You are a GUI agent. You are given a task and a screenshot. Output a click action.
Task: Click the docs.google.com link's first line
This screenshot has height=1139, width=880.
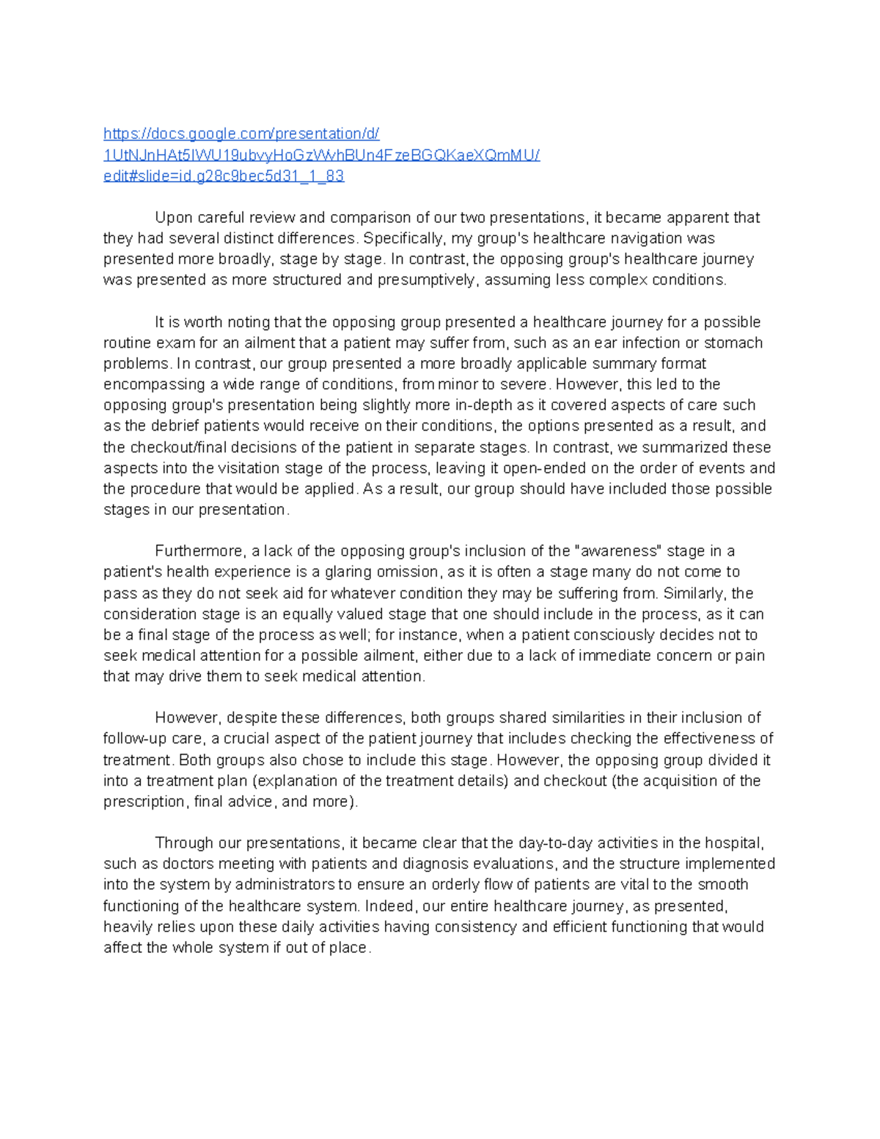(x=241, y=133)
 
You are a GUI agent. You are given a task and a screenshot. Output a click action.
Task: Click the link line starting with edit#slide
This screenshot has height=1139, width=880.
(x=224, y=176)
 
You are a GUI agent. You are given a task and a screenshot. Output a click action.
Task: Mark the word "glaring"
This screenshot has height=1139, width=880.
(x=349, y=572)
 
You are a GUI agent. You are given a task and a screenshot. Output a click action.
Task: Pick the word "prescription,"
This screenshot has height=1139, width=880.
(x=146, y=802)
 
